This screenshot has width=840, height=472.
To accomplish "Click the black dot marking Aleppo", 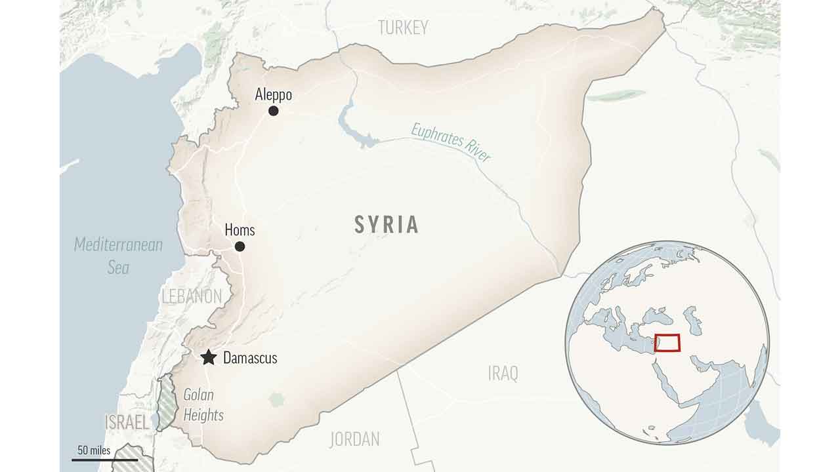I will tap(273, 111).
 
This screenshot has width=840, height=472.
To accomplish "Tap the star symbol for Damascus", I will tap(208, 357).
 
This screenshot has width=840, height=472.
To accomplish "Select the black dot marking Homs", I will tap(240, 246).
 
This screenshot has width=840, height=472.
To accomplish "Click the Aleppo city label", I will tap(273, 95).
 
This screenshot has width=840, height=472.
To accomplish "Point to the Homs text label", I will tap(240, 230).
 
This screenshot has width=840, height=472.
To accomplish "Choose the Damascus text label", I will tap(250, 358).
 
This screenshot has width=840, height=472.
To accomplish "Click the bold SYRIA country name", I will tap(387, 225).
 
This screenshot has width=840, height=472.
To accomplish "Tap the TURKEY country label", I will tap(403, 28).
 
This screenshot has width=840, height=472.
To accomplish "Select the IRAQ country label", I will tap(503, 374).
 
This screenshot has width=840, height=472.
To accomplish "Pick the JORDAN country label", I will tap(354, 439).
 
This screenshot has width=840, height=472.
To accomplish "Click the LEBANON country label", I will tap(192, 296).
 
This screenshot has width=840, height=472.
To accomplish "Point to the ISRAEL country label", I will tap(127, 422).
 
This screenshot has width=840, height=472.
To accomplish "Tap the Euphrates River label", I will tap(451, 142).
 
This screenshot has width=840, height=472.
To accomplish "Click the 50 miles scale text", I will tap(94, 450).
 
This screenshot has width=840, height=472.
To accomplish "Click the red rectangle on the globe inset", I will tap(667, 343).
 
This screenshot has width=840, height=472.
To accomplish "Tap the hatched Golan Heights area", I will tap(167, 401).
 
